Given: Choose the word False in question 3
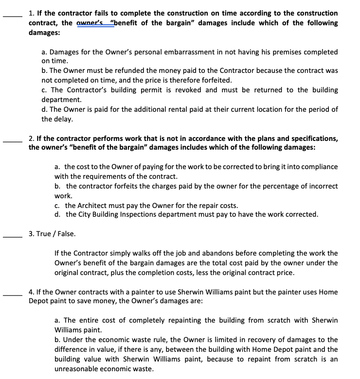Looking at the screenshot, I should [67, 234].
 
